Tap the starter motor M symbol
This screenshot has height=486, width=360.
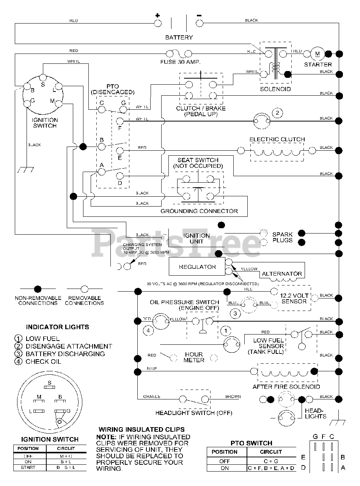pos(318,54)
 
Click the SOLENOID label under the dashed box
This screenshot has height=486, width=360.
pos(275,89)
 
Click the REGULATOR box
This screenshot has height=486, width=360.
pos(197,267)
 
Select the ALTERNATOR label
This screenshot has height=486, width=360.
pos(282,273)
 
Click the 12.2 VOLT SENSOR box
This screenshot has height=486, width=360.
pos(294,298)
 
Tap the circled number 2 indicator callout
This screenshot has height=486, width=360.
pos(277,113)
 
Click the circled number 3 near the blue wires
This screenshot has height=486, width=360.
pos(235,314)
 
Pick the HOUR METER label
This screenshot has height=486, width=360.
pos(194,357)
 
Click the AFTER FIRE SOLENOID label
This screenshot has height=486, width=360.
pos(286,387)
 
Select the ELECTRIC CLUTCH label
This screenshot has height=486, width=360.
pos(277,139)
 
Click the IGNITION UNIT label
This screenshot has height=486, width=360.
pos(197,238)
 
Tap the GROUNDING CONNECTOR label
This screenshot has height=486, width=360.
pos(199,211)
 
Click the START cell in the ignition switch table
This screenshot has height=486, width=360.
pos(28,467)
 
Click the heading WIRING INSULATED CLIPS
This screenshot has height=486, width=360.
pos(141,430)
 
